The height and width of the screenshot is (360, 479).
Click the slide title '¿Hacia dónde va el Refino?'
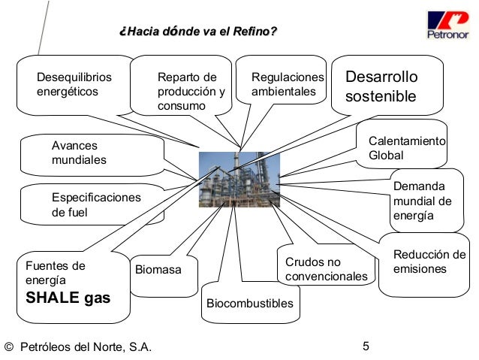[x=197, y=31]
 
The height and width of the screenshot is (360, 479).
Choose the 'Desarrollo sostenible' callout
[x=381, y=88]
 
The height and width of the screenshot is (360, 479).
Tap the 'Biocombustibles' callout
[x=249, y=303]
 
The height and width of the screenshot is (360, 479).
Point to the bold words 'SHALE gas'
[x=68, y=298]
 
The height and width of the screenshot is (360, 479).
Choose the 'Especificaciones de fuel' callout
[x=95, y=204]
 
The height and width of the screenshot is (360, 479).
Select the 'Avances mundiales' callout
[x=79, y=153]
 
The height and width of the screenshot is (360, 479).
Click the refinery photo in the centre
[x=239, y=179]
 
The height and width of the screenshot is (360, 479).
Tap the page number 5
[x=366, y=346]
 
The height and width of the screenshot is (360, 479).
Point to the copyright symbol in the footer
[x=9, y=347]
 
